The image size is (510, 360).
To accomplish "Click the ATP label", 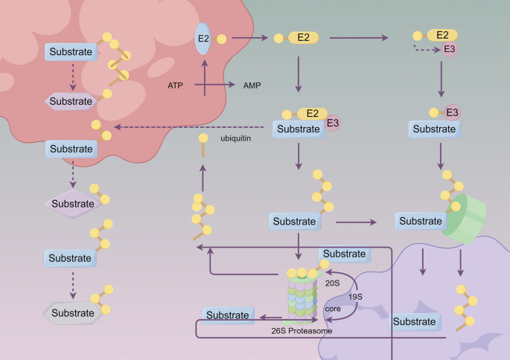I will pyautogui.click(x=176, y=86).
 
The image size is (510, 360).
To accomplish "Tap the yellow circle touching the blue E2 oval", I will pyautogui.click(x=221, y=36).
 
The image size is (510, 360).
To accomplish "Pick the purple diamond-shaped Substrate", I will pyautogui.click(x=73, y=203).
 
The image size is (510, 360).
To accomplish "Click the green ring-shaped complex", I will pyautogui.click(x=463, y=216).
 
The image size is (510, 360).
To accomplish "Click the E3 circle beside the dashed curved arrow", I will pyautogui.click(x=450, y=50).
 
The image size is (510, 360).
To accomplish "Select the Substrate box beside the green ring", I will pyautogui.click(x=420, y=221).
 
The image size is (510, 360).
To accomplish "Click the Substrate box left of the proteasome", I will pyautogui.click(x=227, y=315).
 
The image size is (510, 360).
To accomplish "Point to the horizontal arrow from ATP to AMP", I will pyautogui.click(x=220, y=86).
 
